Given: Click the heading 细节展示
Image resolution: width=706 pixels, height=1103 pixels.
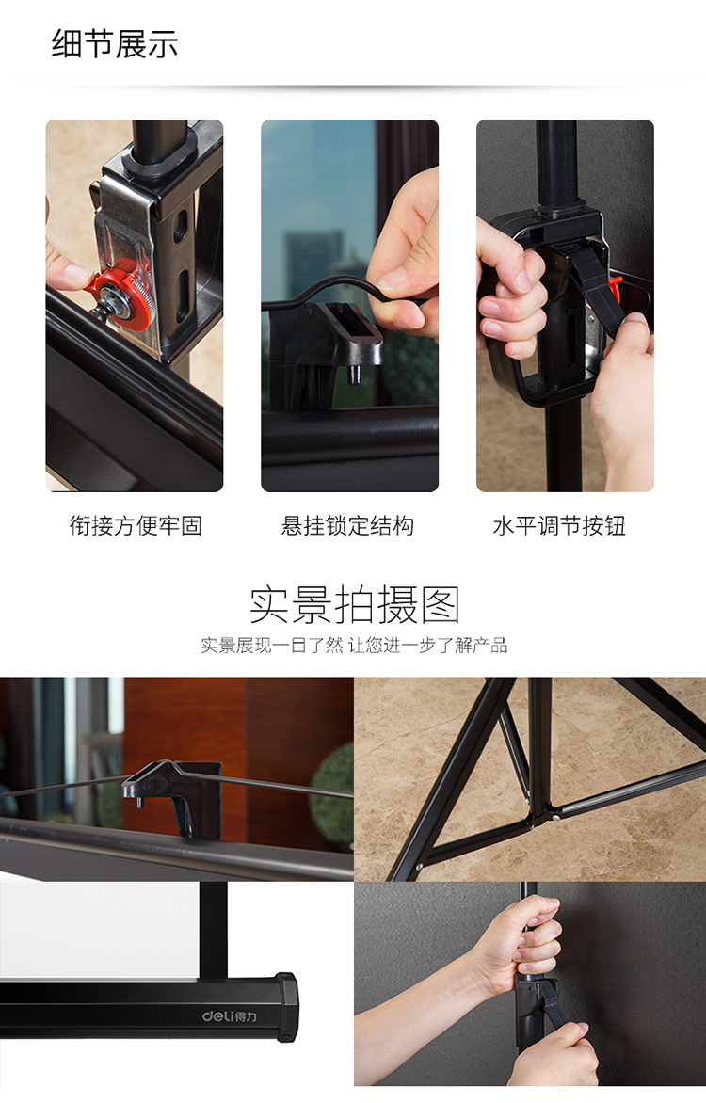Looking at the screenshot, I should [x=115, y=44].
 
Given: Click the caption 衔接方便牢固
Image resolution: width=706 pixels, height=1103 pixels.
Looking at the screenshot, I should [x=136, y=525].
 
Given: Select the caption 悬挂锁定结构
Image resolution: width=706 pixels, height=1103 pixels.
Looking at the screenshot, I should [x=348, y=525].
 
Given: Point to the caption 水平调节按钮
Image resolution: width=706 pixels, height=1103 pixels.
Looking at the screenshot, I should [x=559, y=525].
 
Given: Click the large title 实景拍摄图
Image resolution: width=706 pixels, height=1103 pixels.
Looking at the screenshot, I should [x=354, y=604].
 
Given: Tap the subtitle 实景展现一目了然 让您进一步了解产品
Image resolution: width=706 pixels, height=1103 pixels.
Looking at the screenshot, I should [x=354, y=646].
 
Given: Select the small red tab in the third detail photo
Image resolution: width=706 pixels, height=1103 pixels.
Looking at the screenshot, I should [x=617, y=282].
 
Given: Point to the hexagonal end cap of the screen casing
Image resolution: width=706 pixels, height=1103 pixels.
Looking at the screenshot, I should [x=286, y=1007].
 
